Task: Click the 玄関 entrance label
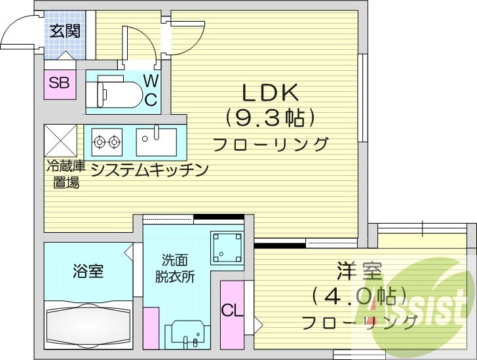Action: (x=64, y=31)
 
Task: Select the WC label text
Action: (x=151, y=90)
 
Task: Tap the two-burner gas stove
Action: (x=107, y=140)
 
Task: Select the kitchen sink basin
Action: (x=156, y=139)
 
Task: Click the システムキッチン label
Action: (x=149, y=170)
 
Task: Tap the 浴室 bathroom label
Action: (x=87, y=270)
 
